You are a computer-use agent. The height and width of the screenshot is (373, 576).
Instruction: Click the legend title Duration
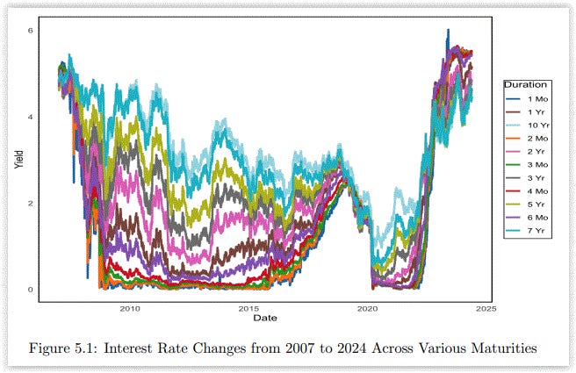tap(522, 84)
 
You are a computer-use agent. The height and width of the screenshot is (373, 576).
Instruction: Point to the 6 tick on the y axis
tap(29, 31)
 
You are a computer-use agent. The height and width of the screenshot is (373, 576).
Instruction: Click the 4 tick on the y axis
tap(29, 117)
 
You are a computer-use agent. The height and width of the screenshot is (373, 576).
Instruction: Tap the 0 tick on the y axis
tap(29, 290)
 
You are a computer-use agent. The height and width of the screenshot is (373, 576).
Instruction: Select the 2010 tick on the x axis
tap(130, 309)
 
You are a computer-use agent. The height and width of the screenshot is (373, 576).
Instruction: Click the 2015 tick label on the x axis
tap(249, 309)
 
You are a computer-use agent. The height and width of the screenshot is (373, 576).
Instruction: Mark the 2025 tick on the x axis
tap(487, 309)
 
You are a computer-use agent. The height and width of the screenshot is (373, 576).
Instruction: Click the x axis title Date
tap(266, 317)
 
